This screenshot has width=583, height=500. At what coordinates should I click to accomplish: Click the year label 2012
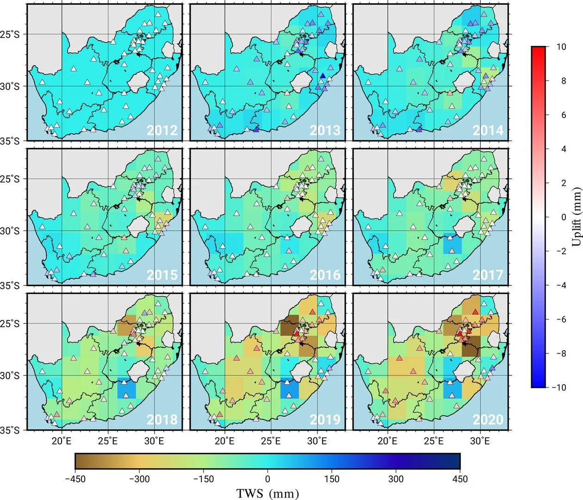pyautogui.click(x=162, y=130)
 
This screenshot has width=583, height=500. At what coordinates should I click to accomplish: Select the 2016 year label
pyautogui.click(x=325, y=275)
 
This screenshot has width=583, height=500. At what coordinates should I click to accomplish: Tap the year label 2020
pyautogui.click(x=488, y=419)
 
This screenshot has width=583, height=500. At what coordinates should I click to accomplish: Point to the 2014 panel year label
pyautogui.click(x=488, y=130)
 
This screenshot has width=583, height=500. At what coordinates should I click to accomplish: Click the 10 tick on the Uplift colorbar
pyautogui.click(x=561, y=47)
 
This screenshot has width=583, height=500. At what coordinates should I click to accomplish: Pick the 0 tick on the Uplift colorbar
pyautogui.click(x=563, y=217)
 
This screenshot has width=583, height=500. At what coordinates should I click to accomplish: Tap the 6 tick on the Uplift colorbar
pyautogui.click(x=563, y=115)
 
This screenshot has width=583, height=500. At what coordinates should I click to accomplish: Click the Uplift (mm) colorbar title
pyautogui.click(x=576, y=217)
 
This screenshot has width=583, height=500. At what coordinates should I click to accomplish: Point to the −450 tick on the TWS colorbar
pyautogui.click(x=75, y=479)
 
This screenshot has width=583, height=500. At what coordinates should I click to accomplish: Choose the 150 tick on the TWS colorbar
pyautogui.click(x=331, y=479)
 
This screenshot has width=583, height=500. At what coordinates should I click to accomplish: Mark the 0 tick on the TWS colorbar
pyautogui.click(x=267, y=479)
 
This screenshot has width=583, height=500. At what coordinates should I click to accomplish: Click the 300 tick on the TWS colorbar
pyautogui.click(x=396, y=479)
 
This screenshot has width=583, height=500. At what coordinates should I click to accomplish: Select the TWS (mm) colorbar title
pyautogui.click(x=267, y=493)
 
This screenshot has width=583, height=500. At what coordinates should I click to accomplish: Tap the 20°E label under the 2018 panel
pyautogui.click(x=61, y=441)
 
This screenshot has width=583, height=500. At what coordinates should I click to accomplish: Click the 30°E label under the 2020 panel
pyautogui.click(x=480, y=441)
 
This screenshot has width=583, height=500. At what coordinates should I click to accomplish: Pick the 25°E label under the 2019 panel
pyautogui.click(x=271, y=441)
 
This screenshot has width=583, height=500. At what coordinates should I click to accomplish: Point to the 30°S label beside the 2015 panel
pyautogui.click(x=10, y=231)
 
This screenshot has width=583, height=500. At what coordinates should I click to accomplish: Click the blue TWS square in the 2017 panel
pyautogui.click(x=452, y=244)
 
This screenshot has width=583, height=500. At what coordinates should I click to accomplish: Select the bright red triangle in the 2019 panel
pyautogui.click(x=296, y=334)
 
